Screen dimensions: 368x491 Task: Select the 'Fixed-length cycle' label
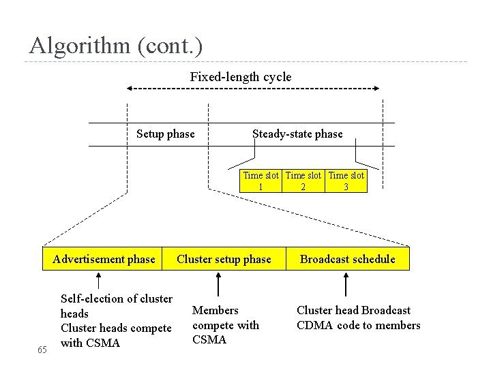240,77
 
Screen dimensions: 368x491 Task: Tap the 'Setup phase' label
165,134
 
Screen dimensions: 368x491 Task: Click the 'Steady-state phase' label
297,134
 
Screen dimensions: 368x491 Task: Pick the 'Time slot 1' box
262,181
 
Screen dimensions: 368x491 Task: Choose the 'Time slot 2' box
303,181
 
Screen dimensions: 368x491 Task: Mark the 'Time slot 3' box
346,181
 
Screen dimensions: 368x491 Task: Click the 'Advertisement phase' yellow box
104,259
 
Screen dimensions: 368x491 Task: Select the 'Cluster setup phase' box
224,259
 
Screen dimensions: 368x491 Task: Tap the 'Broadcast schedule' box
347,259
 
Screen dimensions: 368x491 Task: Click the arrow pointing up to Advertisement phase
99,281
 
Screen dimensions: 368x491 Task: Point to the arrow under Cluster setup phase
218,283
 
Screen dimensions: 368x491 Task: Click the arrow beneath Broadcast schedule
346,283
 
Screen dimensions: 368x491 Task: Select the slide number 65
42,350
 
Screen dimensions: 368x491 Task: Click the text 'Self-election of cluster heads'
116,306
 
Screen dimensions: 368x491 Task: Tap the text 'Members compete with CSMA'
225,325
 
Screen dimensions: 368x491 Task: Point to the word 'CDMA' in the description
314,326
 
